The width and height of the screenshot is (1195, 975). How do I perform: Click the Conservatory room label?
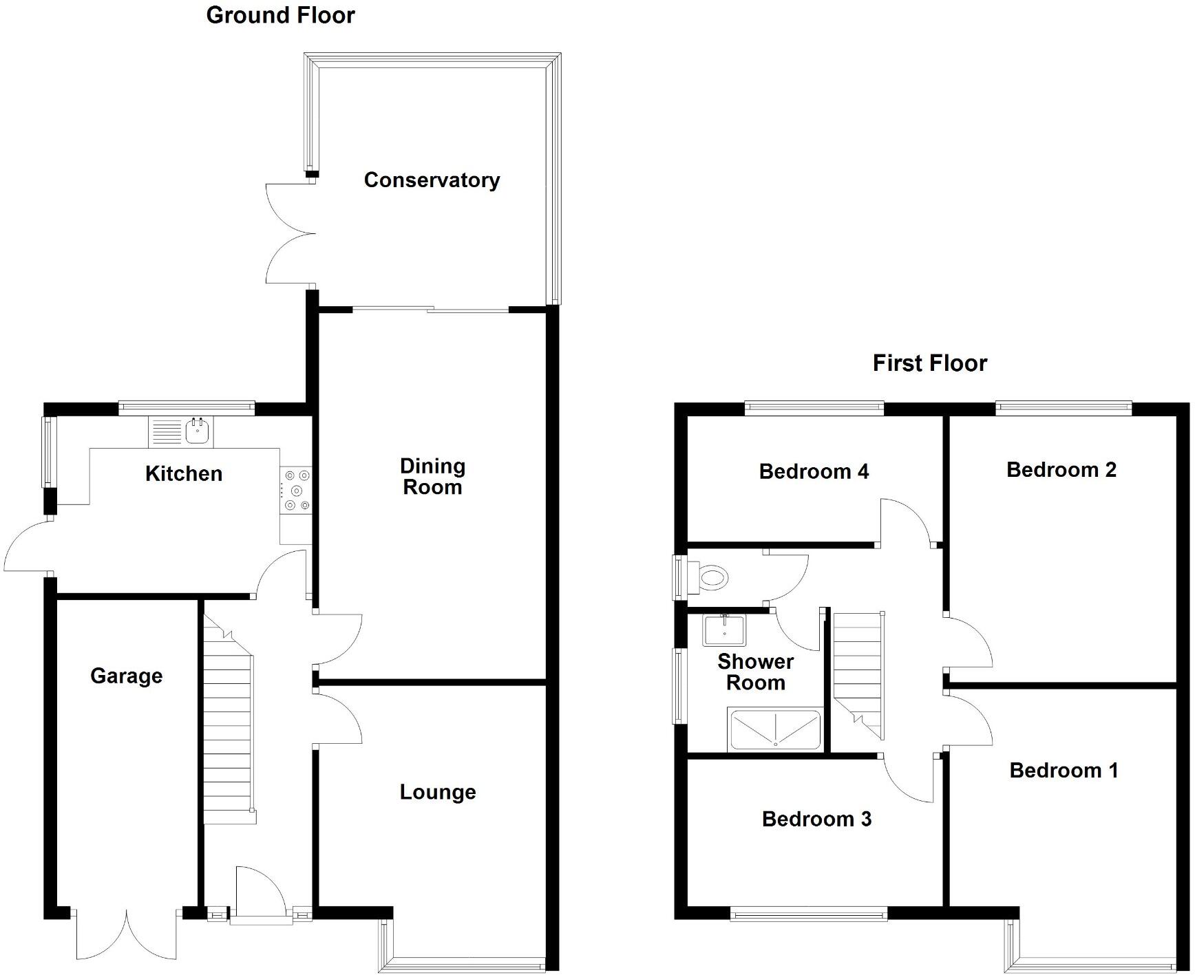[432, 180]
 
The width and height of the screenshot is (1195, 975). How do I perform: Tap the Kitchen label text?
[184, 473]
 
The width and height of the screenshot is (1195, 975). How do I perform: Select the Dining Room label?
[432, 477]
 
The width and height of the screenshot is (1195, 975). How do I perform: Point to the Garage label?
[127, 676]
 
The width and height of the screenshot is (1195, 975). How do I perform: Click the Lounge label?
[438, 792]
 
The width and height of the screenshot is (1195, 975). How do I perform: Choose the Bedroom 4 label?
[814, 471]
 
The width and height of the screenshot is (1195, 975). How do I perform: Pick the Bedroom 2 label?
[1061, 470]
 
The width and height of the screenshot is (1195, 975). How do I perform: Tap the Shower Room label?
[755, 672]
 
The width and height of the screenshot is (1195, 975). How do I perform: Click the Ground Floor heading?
[280, 15]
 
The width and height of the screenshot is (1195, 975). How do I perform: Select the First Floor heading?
[929, 363]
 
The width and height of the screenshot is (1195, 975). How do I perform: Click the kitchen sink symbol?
[198, 431]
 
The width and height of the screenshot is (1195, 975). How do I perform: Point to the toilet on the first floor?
[709, 577]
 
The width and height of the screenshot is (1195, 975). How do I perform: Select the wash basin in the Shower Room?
[723, 630]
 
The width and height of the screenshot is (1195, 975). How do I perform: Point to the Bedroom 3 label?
[816, 819]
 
